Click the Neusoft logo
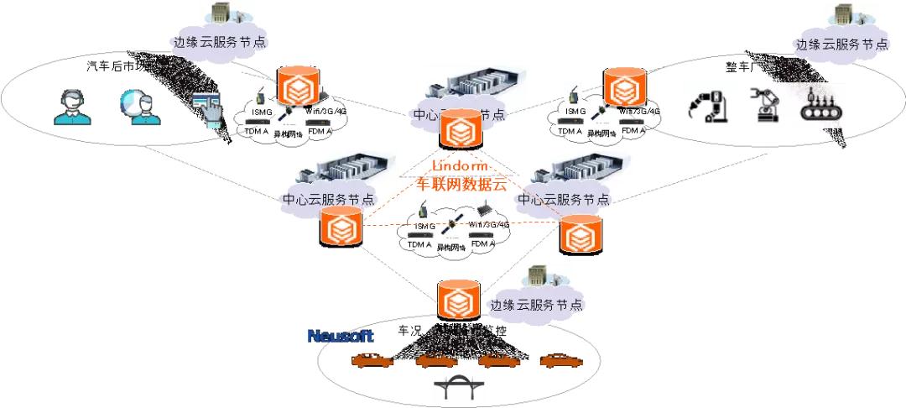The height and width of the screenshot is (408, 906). [x=341, y=336]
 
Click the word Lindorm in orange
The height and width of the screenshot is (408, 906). [x=460, y=166]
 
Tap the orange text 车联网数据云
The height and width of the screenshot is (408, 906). [x=461, y=186]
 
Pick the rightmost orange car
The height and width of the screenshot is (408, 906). [x=560, y=361]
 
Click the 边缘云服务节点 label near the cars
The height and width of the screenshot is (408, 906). [x=536, y=305]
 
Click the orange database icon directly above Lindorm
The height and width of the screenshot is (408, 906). [x=460, y=129]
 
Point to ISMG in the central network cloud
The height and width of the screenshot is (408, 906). [x=424, y=227]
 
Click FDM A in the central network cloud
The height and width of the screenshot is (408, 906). [x=484, y=243]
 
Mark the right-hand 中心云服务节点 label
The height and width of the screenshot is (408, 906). [x=564, y=200]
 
